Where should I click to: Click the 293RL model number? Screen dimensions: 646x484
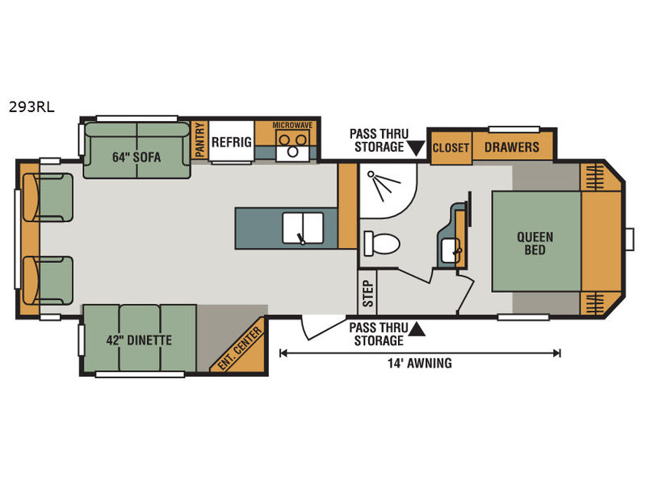(x=31, y=107)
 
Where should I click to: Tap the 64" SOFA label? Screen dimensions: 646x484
(x=136, y=157)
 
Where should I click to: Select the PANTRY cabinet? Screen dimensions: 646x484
(x=199, y=140)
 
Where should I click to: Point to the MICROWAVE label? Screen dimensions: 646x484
(x=292, y=125)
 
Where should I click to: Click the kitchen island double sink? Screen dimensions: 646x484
(x=303, y=227)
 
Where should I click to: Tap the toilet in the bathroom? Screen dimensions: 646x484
(x=381, y=244)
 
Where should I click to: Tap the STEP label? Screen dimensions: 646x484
(x=367, y=294)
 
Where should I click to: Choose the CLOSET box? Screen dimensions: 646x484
(x=451, y=147)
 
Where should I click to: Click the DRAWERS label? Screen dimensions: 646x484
(x=512, y=147)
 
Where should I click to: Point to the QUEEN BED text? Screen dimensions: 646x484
(x=535, y=243)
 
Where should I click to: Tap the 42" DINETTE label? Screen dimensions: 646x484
(x=139, y=340)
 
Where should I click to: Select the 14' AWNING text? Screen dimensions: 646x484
(x=419, y=363)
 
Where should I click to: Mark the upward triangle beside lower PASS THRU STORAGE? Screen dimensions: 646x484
(x=417, y=330)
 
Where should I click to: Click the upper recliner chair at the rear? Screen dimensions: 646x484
(x=48, y=198)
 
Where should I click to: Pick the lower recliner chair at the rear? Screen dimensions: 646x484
(x=48, y=281)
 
